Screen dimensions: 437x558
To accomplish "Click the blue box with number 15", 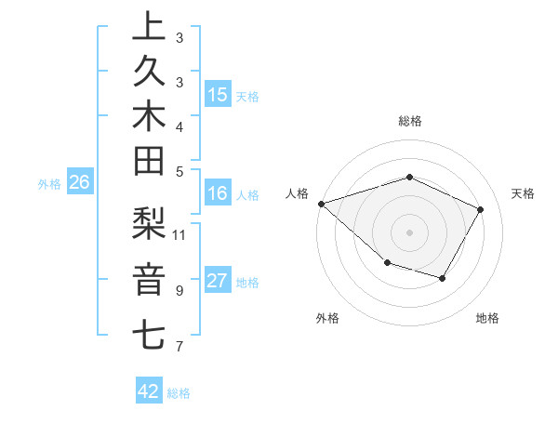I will pos(218,95).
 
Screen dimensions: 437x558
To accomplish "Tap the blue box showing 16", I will pos(218,193).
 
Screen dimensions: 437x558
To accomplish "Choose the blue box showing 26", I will pos(80,182).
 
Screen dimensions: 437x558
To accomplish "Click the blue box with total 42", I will pos(149,391).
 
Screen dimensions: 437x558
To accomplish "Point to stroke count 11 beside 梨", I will pos(179,233).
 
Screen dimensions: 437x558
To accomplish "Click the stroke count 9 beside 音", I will pos(179,290).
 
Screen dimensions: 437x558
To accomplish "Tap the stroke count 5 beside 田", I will pos(179,171).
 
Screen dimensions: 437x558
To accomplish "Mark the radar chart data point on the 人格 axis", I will pos(321,203).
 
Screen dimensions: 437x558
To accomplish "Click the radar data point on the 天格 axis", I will pos(480,209).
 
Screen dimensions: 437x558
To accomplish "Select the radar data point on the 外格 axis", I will pos(386,264).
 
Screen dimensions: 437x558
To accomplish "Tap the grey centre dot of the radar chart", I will pos(409,232).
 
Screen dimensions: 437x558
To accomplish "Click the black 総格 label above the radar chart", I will pos(410,121).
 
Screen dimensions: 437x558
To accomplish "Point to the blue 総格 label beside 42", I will pos(179,393).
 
